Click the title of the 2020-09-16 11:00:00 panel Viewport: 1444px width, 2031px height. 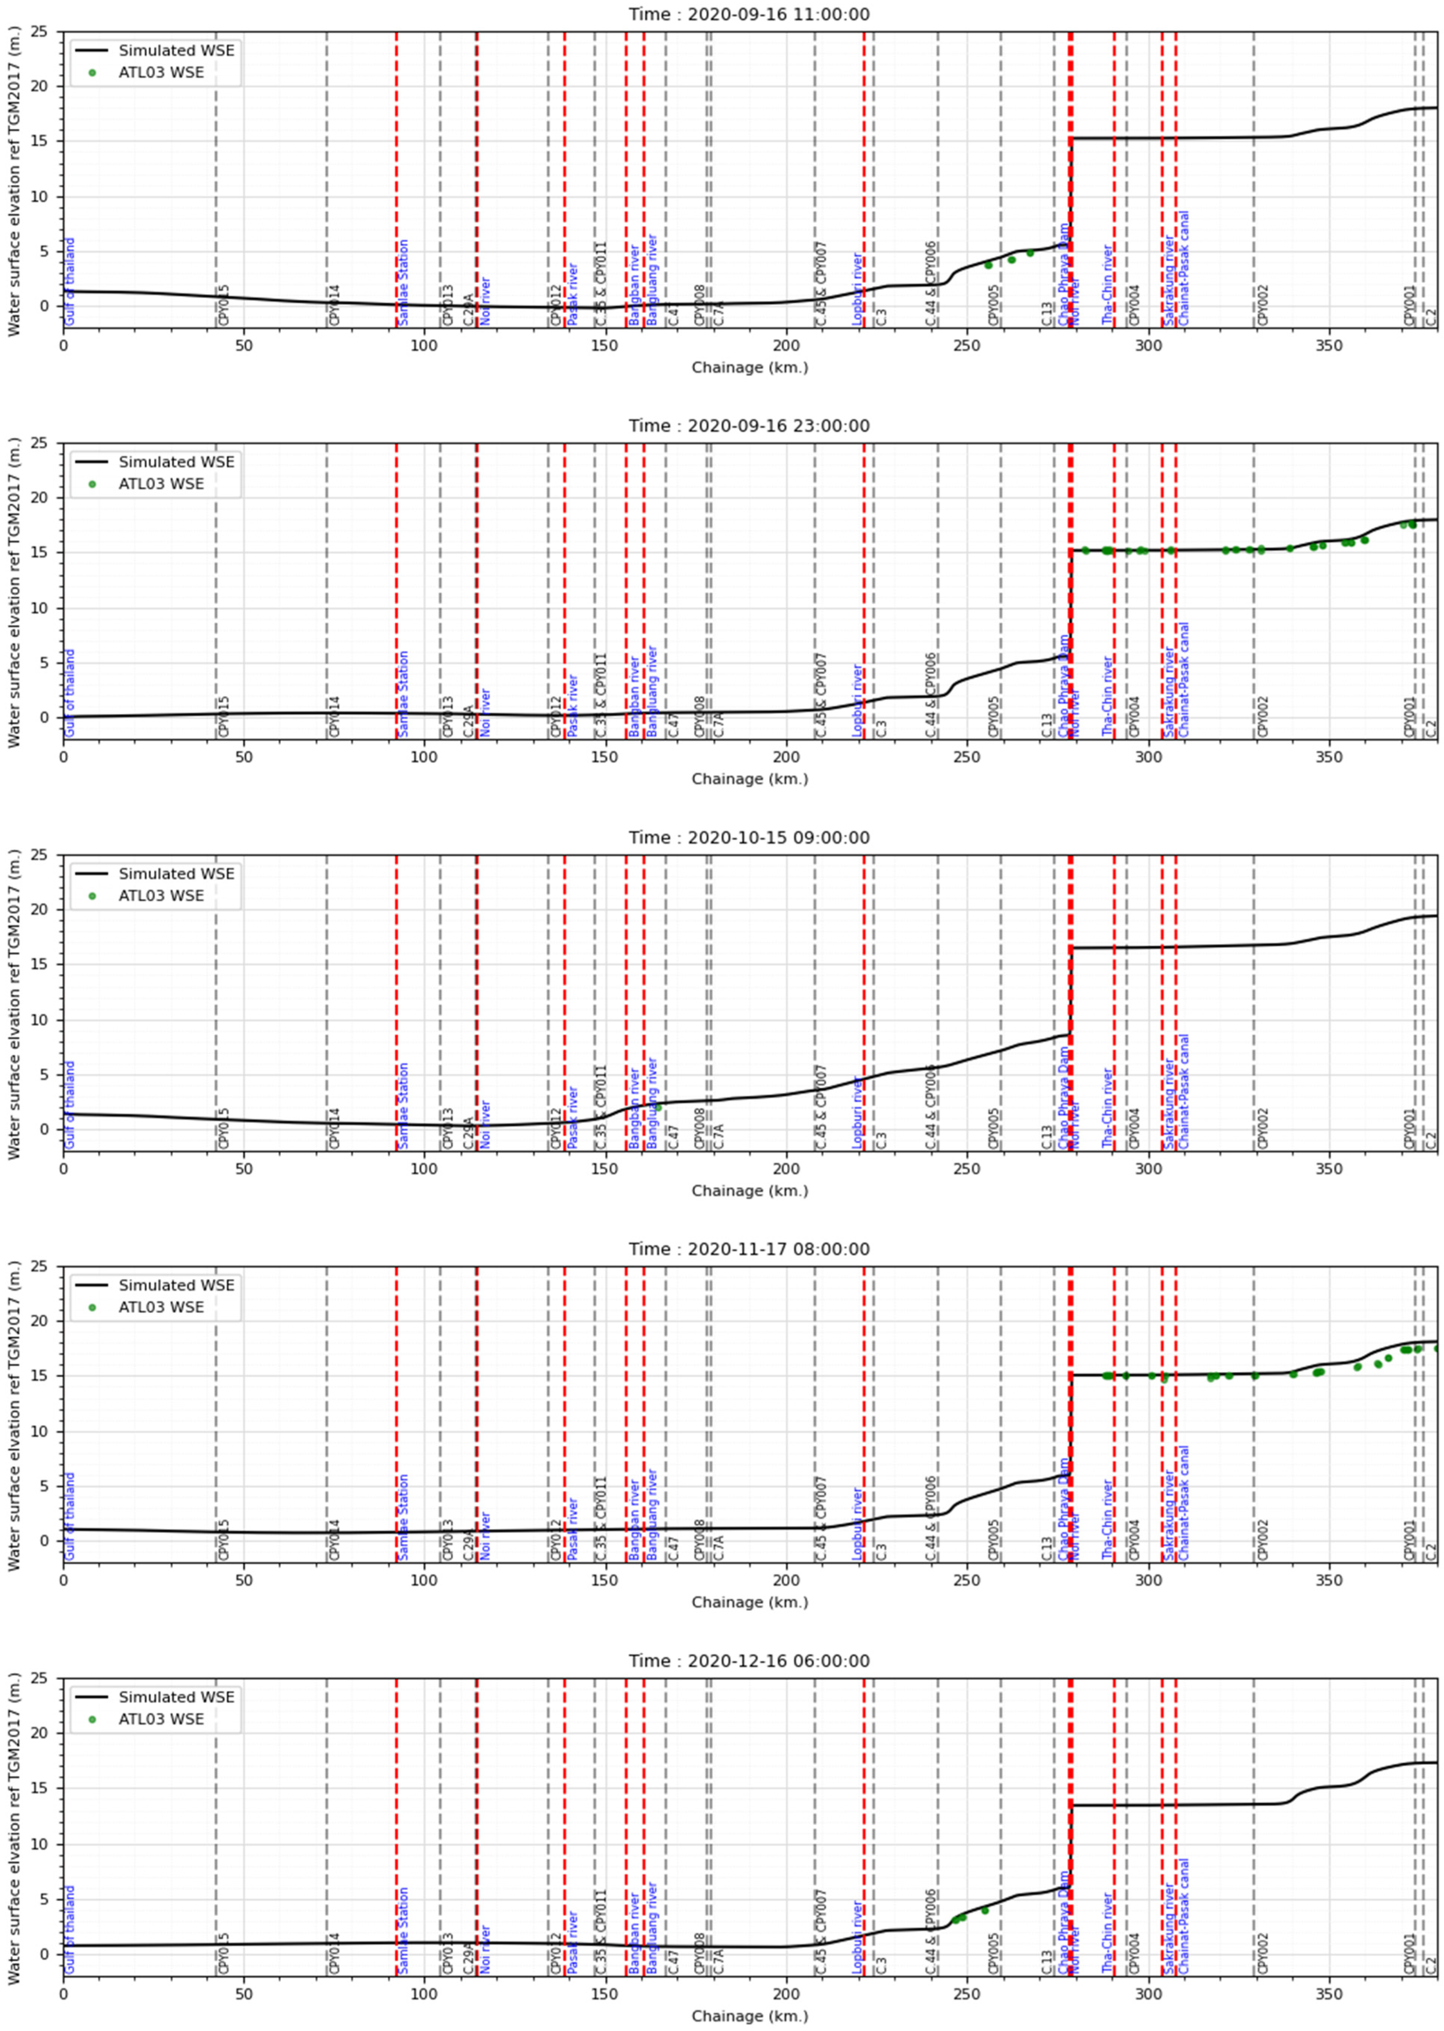[749, 14]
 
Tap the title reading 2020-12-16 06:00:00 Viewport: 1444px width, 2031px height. [749, 1660]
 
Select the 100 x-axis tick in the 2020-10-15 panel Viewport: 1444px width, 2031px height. [424, 1168]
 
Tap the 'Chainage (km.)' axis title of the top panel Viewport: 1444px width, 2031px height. [750, 367]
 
